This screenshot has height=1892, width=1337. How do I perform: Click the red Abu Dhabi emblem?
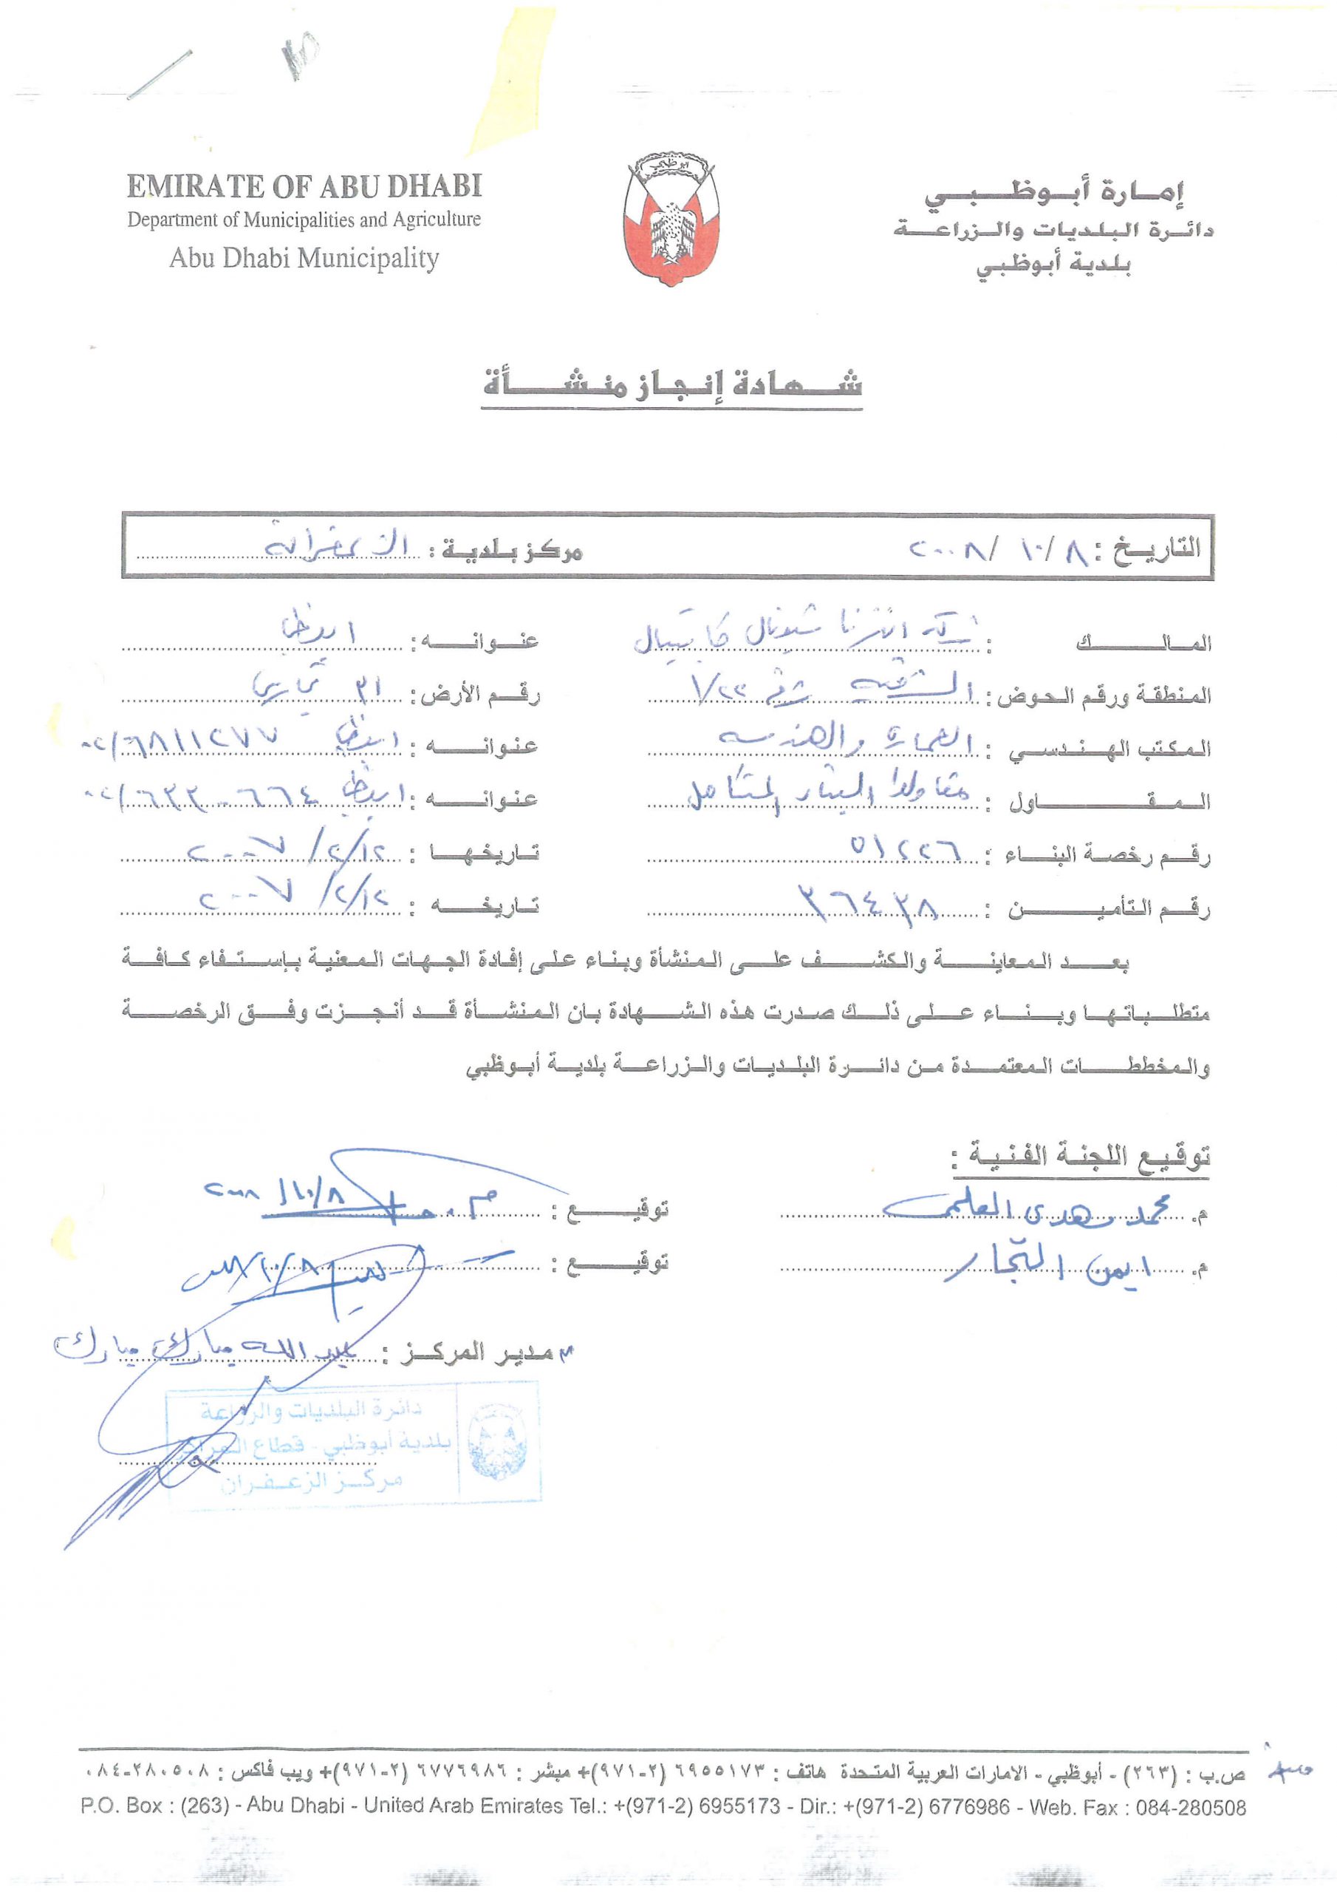coord(671,218)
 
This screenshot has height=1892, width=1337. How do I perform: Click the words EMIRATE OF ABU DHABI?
coord(304,186)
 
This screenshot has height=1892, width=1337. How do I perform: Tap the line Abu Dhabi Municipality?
coord(304,259)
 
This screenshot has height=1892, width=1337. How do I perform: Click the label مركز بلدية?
coord(513,551)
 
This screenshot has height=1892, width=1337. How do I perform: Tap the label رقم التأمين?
coord(1109,910)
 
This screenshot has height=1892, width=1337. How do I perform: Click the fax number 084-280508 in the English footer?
coord(1190,1808)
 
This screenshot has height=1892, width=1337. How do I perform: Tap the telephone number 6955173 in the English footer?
coord(739,1808)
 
